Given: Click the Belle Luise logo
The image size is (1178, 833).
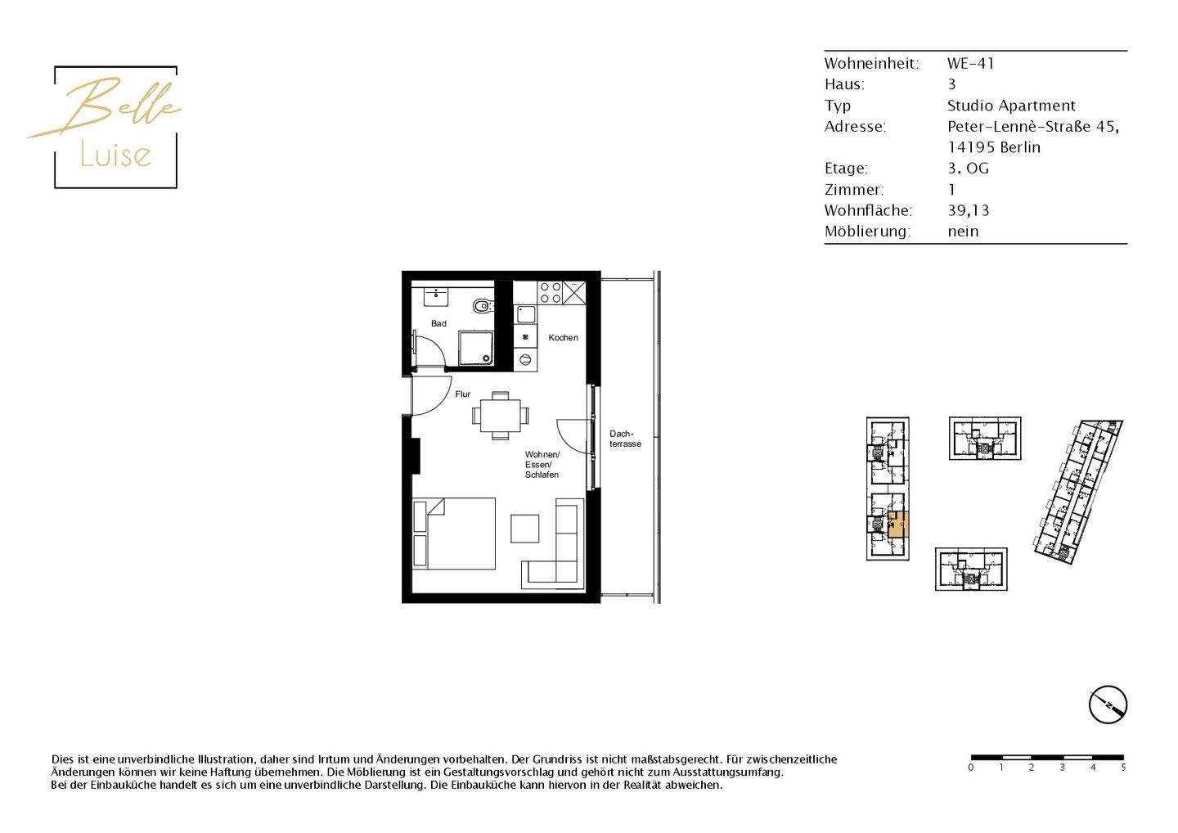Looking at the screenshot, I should (115, 127).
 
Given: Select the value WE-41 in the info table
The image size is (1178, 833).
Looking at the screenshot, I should (970, 63).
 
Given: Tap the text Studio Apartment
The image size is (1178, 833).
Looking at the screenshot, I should (1011, 106).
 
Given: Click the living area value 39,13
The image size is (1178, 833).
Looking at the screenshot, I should (969, 210).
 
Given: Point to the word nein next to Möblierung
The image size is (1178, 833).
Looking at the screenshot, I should (963, 232).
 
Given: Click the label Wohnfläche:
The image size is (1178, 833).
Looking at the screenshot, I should (868, 210).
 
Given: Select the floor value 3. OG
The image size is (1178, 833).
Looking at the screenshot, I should (968, 169).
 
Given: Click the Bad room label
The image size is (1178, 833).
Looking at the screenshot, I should (438, 323).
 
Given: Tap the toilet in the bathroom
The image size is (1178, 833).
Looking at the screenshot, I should (482, 307).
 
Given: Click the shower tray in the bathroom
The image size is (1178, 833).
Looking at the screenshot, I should (475, 348).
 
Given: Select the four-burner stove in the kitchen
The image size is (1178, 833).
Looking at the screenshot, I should (551, 292).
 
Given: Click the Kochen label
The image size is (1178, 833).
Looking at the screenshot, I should (563, 337).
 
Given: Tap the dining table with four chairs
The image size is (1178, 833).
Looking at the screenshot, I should (500, 416).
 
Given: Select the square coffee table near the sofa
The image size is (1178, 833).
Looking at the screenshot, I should (524, 529).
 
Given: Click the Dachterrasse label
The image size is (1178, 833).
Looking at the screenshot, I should (625, 439).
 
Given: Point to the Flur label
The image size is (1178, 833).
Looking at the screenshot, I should (462, 394).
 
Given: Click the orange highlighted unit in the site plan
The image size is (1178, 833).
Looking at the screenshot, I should (898, 524).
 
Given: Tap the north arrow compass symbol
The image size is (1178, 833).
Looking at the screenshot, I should (1108, 705).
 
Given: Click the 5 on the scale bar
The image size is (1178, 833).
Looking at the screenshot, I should (1123, 768).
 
